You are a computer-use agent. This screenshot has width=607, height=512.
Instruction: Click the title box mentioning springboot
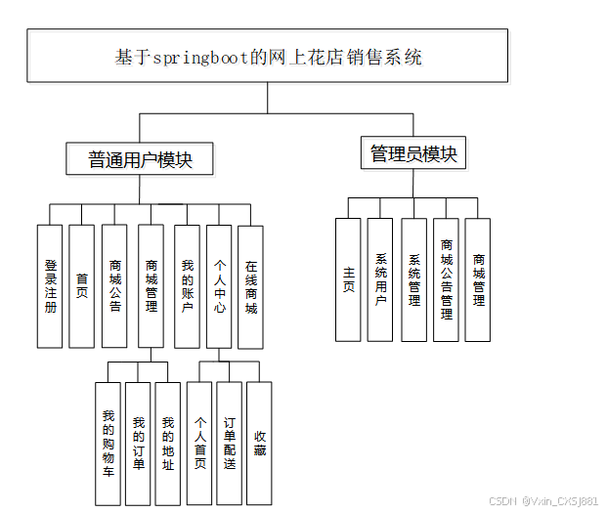(268, 57)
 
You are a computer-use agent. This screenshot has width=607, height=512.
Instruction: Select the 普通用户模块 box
(140, 160)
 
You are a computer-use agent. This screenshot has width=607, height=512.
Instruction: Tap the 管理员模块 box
(413, 154)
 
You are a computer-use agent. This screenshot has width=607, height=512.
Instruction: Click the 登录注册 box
(50, 285)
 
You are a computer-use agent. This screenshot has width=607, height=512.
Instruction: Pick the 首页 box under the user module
(82, 285)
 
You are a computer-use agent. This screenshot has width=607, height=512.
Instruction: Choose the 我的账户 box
(187, 285)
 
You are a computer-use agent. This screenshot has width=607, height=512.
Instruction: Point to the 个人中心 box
(219, 285)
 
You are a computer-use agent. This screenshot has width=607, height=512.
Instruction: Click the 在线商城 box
(251, 285)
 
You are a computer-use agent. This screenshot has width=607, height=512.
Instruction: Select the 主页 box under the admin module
(349, 279)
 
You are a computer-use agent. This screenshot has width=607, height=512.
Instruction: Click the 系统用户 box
(380, 279)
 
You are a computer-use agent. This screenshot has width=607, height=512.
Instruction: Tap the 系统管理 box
(413, 279)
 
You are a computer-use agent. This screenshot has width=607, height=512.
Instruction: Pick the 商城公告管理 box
(446, 279)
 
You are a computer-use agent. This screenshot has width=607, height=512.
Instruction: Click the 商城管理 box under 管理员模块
(478, 279)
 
